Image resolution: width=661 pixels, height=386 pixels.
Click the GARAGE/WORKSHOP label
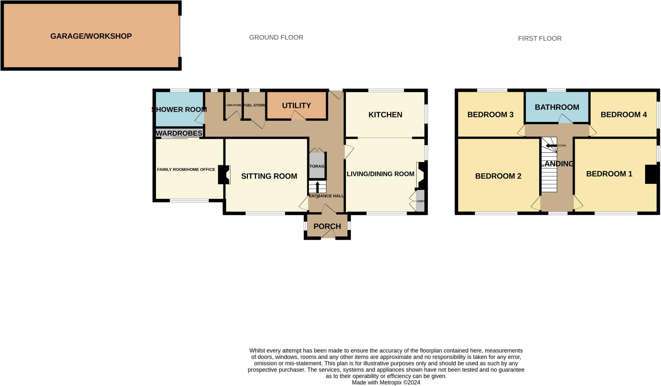pyautogui.click(x=91, y=36)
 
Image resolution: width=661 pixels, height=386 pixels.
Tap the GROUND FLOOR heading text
pyautogui.click(x=276, y=37)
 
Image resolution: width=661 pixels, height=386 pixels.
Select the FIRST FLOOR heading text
pyautogui.click(x=540, y=38)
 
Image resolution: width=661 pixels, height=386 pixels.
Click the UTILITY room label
pyautogui.click(x=296, y=105)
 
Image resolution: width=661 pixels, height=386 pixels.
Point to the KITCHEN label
pyautogui.click(x=385, y=114)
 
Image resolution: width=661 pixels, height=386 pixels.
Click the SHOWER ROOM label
pyautogui.click(x=179, y=109)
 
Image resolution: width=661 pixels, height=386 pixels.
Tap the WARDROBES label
pyautogui.click(x=179, y=133)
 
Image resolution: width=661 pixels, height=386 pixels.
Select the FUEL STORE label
pyautogui.click(x=254, y=105)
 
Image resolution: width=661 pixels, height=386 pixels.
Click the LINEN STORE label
pyautogui.click(x=233, y=105)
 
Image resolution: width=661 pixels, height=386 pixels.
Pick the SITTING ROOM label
pyautogui.click(x=269, y=176)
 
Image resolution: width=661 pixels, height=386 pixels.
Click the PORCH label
pyautogui.click(x=327, y=226)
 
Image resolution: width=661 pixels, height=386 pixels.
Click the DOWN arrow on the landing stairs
pyautogui.click(x=551, y=146)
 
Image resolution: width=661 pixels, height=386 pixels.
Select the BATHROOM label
pyautogui.click(x=557, y=107)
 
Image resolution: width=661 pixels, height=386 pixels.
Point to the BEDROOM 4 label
pyautogui.click(x=624, y=114)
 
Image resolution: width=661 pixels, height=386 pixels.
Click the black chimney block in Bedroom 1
pyautogui.click(x=650, y=174)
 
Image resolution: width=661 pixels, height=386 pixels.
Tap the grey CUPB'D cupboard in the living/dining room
pyautogui.click(x=420, y=201)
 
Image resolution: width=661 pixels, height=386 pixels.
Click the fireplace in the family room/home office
pyautogui.click(x=224, y=174)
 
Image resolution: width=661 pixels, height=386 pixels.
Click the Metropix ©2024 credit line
pyautogui.click(x=386, y=382)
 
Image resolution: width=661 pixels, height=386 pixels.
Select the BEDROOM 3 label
pyautogui.click(x=490, y=114)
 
